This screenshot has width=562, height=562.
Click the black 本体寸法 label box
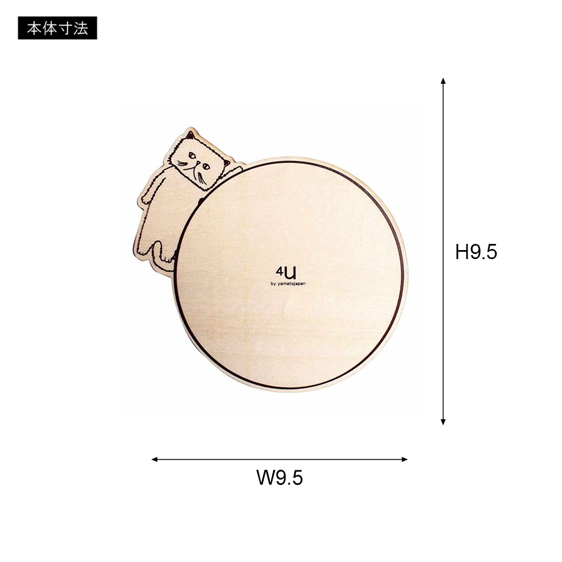pyautogui.click(x=57, y=28)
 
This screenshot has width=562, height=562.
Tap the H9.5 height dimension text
pyautogui.click(x=476, y=252)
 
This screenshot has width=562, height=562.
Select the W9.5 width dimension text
pyautogui.click(x=279, y=477)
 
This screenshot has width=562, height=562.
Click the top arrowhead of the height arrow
pyautogui.click(x=443, y=80)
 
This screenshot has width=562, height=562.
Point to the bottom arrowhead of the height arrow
pyautogui.click(x=443, y=422)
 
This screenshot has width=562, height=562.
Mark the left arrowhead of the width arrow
pyautogui.click(x=155, y=459)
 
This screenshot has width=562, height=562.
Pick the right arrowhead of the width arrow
pyautogui.click(x=404, y=459)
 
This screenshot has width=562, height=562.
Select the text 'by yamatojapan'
pyautogui.click(x=288, y=284)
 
